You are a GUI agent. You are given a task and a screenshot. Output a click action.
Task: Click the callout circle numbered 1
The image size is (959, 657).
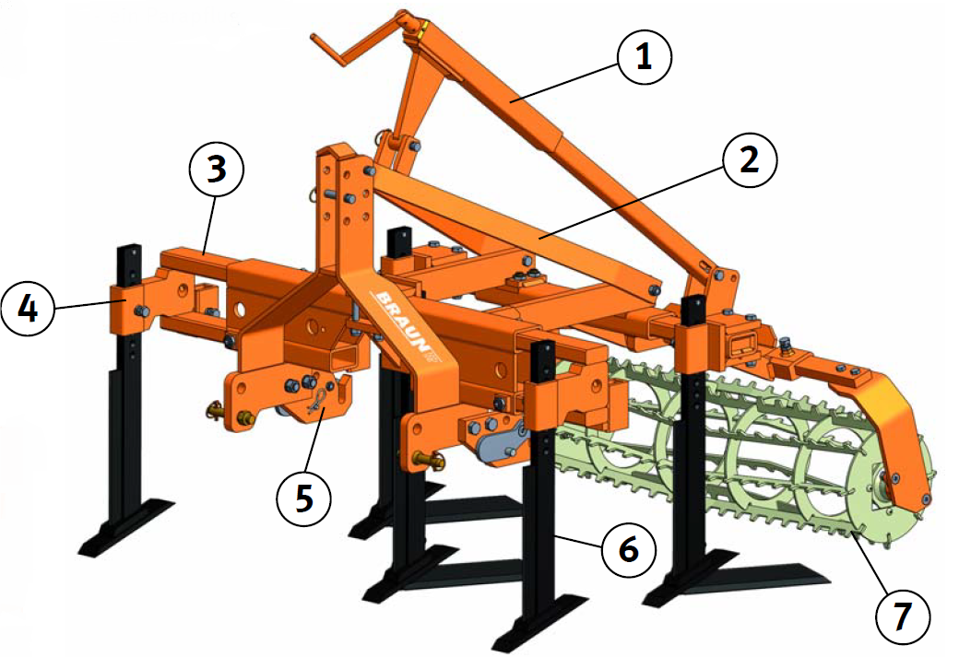(645, 57)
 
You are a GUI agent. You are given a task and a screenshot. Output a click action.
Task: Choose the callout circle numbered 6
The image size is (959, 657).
(628, 551)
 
